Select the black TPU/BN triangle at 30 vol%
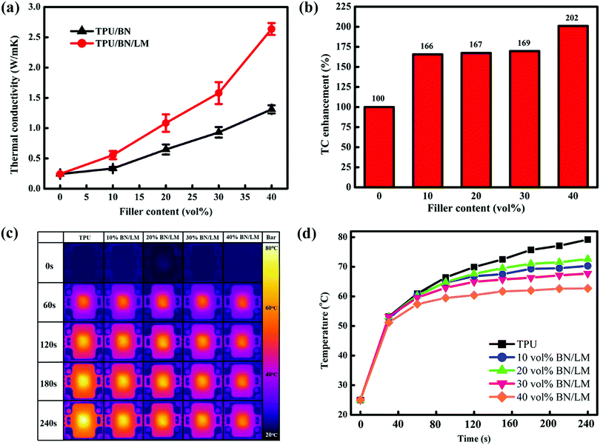coord(219,132)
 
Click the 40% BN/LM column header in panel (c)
coord(241,237)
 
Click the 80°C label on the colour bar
coord(270,249)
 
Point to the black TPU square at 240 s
coord(587,240)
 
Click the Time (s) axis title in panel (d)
coord(473,438)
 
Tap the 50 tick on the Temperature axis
coord(345,326)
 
